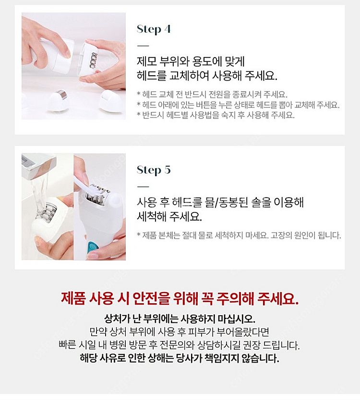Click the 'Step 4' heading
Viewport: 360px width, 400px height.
[154, 29]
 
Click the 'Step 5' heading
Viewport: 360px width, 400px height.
[154, 170]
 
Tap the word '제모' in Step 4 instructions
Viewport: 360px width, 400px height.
[147, 62]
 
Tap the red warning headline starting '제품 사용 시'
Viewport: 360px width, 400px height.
[180, 298]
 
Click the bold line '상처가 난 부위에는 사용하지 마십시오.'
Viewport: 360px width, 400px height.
[180, 318]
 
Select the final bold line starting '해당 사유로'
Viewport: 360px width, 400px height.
[180, 358]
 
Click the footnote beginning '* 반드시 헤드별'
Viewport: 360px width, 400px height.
[216, 115]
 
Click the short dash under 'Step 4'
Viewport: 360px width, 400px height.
[143, 46]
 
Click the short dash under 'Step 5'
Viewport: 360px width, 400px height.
[143, 187]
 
